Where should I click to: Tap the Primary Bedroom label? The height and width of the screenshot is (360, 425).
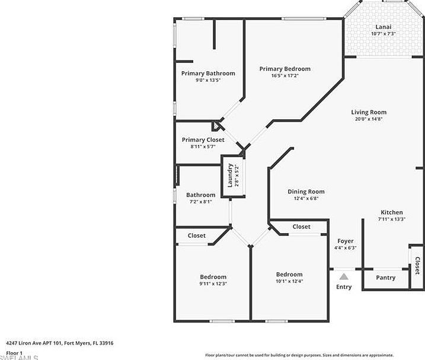point(285,69)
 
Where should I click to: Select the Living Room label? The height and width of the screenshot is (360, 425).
point(369,112)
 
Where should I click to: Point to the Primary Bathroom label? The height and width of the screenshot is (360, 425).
point(208,74)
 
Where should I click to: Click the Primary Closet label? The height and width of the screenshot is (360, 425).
point(203,140)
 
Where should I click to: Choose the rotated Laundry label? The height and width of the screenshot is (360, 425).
point(230,175)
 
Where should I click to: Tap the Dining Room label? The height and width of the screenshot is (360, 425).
point(306,192)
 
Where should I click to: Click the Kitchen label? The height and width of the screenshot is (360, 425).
point(391,212)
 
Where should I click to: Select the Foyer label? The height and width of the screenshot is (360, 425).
point(345,241)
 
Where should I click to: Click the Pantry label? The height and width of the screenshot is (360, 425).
point(386,278)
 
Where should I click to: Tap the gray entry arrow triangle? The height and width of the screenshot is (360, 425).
point(344,276)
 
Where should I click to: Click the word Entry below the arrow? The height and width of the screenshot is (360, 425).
point(344,287)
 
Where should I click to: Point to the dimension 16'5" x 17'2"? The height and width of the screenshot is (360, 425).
point(285,76)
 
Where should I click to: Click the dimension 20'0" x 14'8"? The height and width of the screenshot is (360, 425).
point(369,119)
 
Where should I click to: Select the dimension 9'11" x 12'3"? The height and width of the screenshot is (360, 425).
point(213,284)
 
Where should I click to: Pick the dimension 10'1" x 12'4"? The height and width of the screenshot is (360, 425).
point(289,281)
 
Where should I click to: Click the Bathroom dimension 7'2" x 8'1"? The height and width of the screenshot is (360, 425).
point(200,202)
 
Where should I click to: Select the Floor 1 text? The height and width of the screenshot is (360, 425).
point(14,352)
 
